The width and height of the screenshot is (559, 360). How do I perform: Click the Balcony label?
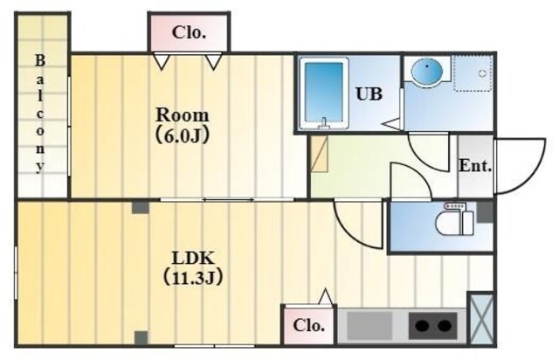(40, 114)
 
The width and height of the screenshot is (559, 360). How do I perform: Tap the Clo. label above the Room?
(189, 34)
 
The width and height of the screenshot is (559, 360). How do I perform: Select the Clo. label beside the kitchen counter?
(308, 327)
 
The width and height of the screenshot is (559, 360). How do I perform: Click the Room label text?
(182, 115)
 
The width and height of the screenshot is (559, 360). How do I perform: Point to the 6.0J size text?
(182, 135)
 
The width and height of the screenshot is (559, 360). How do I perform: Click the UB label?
(368, 93)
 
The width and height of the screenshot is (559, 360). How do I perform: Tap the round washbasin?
(428, 73)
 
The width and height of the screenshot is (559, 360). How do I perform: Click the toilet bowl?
(455, 225)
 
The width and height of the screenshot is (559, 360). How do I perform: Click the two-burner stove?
(432, 326)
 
